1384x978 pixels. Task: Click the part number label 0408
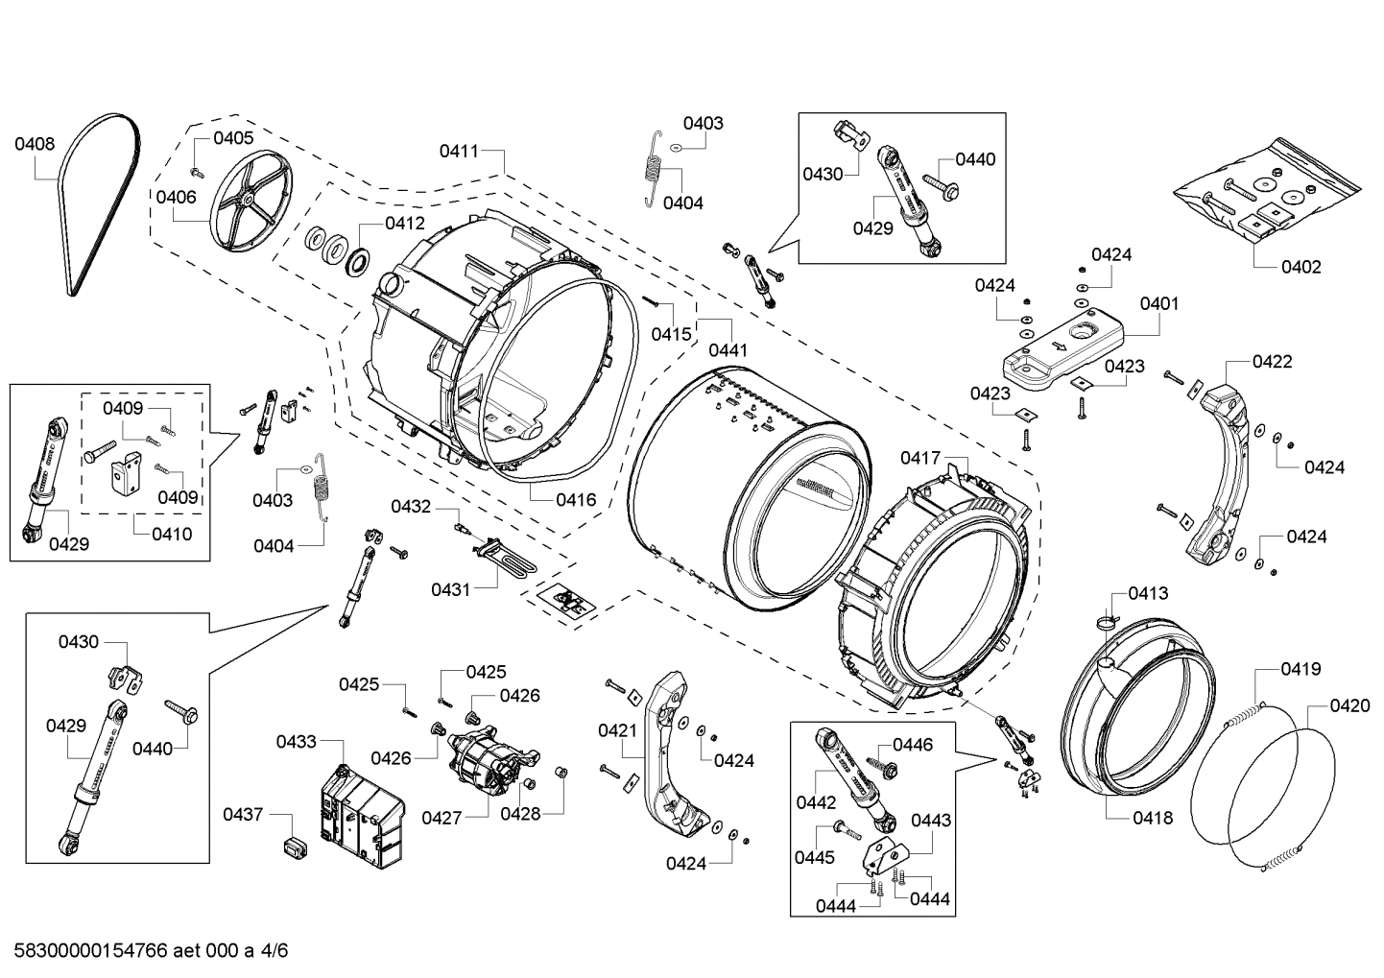[x=35, y=145]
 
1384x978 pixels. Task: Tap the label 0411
[x=460, y=151]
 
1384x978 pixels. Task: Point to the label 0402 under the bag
[x=1300, y=267]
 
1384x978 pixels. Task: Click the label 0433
[x=297, y=742]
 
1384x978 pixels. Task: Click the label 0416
[x=576, y=500]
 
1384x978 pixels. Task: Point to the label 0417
[x=920, y=458]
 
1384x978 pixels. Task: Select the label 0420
[x=1349, y=706]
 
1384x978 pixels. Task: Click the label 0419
[x=1300, y=669]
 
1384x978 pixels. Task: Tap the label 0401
[x=1159, y=303]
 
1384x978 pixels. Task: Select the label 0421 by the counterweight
[x=618, y=730]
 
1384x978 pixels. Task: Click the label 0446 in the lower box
[x=912, y=745]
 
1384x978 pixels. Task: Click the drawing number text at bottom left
[x=146, y=951]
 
